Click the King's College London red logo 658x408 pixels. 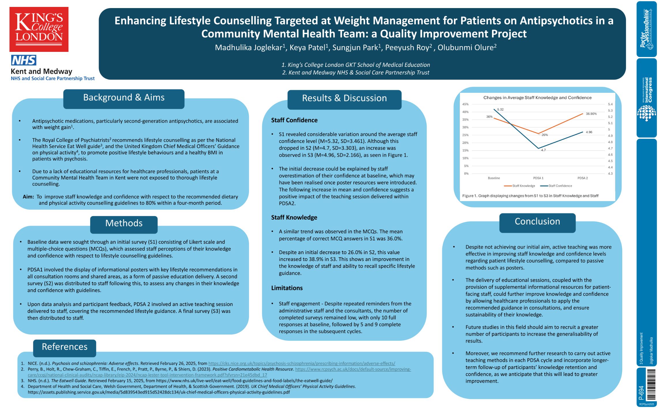[39, 29]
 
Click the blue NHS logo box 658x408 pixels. [24, 60]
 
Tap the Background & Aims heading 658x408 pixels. [124, 98]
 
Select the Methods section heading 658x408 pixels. [124, 223]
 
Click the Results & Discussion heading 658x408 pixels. [344, 98]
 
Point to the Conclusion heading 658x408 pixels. [537, 222]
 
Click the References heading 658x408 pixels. [65, 347]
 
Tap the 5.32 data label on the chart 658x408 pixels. [500, 109]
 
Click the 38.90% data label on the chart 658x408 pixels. [591, 114]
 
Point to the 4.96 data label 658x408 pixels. [589, 132]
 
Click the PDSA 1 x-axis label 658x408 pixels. [538, 178]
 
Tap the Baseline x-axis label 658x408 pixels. [494, 178]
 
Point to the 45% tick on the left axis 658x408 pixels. [465, 104]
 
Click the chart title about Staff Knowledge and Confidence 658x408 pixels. [537, 98]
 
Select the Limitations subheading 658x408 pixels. [287, 288]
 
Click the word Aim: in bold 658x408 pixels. [28, 197]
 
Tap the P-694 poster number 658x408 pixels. [641, 392]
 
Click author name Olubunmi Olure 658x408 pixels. [467, 48]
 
